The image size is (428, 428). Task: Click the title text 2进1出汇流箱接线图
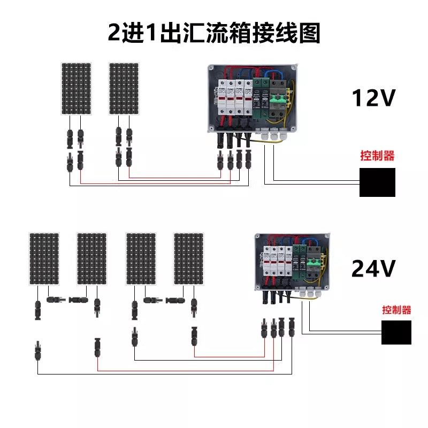(x=214, y=33)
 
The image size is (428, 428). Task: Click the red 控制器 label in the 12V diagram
(x=377, y=156)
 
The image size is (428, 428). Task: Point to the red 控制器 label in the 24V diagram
(x=396, y=310)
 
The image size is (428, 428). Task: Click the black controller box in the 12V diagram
(x=377, y=182)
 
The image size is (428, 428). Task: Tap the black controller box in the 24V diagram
(x=396, y=332)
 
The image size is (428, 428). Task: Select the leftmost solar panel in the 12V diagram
(x=76, y=88)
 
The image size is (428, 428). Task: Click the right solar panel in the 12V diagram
(x=124, y=88)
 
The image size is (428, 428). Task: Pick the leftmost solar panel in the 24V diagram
(x=44, y=259)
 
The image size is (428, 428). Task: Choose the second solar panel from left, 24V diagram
(x=92, y=259)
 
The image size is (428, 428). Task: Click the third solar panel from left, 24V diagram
(x=141, y=259)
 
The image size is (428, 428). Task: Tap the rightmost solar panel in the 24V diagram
(x=189, y=259)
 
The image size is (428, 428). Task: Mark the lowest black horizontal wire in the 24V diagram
(x=160, y=373)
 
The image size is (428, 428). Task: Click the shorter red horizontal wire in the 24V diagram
(x=230, y=356)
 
